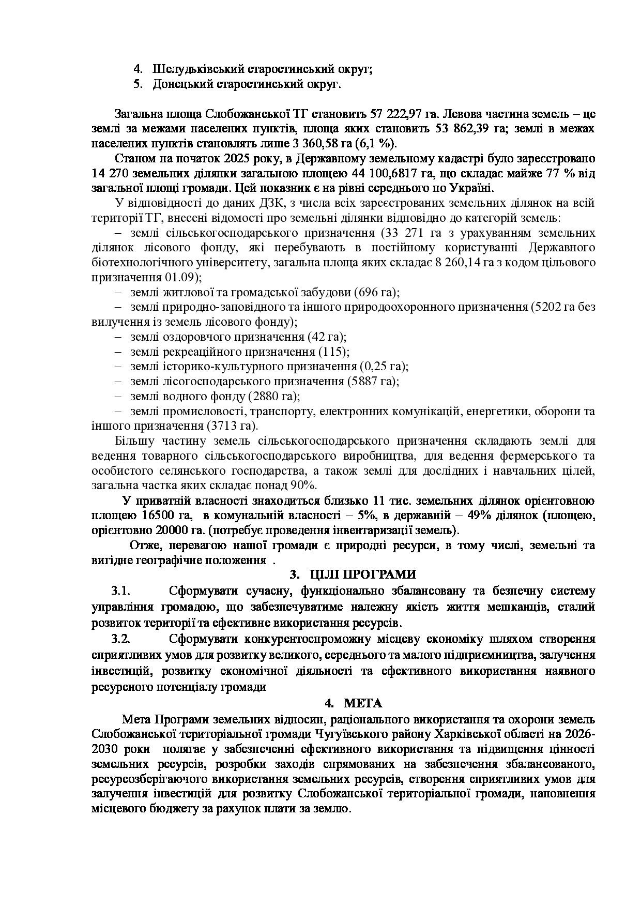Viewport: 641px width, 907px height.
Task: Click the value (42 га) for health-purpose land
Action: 327,337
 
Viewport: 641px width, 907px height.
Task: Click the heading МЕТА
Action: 363,703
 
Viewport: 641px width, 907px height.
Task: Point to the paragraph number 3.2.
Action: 120,639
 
